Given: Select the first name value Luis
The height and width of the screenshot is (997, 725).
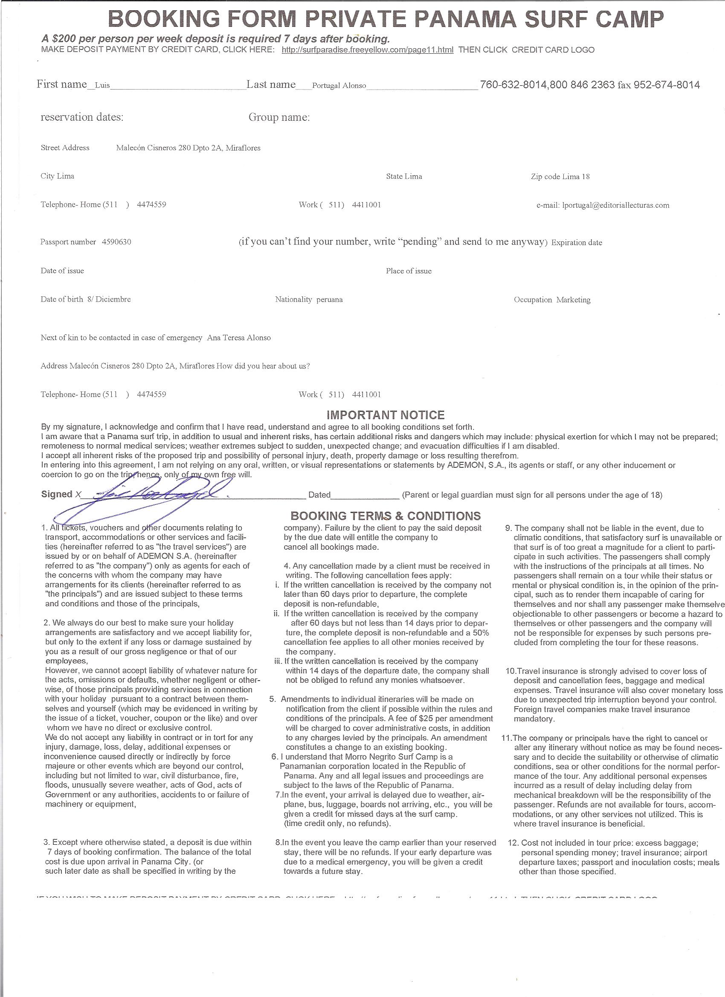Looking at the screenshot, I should (x=102, y=86).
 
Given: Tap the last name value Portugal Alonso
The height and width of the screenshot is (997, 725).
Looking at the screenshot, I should (x=339, y=86).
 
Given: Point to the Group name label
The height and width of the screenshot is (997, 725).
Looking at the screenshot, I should (x=279, y=117).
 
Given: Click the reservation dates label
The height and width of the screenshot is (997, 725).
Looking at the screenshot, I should (x=82, y=117).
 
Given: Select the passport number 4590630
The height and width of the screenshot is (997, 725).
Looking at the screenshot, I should (x=116, y=242).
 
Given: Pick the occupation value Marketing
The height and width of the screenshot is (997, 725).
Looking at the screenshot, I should (x=573, y=300).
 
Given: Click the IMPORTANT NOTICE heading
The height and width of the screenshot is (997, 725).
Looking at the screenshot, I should (x=385, y=415).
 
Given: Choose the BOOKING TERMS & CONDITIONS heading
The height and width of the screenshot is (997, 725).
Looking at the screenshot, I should (x=386, y=516).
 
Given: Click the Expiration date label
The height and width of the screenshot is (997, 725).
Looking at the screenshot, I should (x=577, y=243).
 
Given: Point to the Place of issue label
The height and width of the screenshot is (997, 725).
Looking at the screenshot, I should (x=409, y=271).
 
